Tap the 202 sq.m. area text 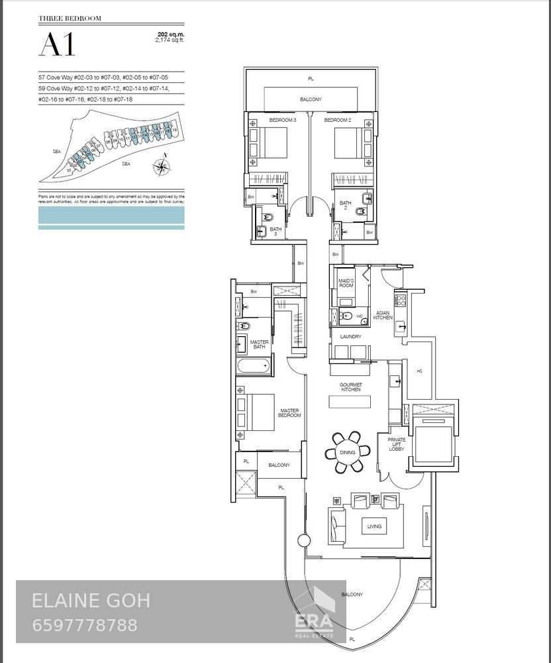tap(170, 33)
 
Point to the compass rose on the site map tap(161, 166)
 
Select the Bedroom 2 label tap(337, 120)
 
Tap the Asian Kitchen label tap(383, 316)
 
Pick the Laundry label tap(350, 337)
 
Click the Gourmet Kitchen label tap(350, 387)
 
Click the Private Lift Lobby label tap(397, 444)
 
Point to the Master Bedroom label tap(289, 413)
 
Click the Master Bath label tap(259, 344)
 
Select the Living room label tap(374, 526)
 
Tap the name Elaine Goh tap(91, 601)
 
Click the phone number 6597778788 tap(85, 625)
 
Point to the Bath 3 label tap(275, 231)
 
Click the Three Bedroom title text tap(70, 19)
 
